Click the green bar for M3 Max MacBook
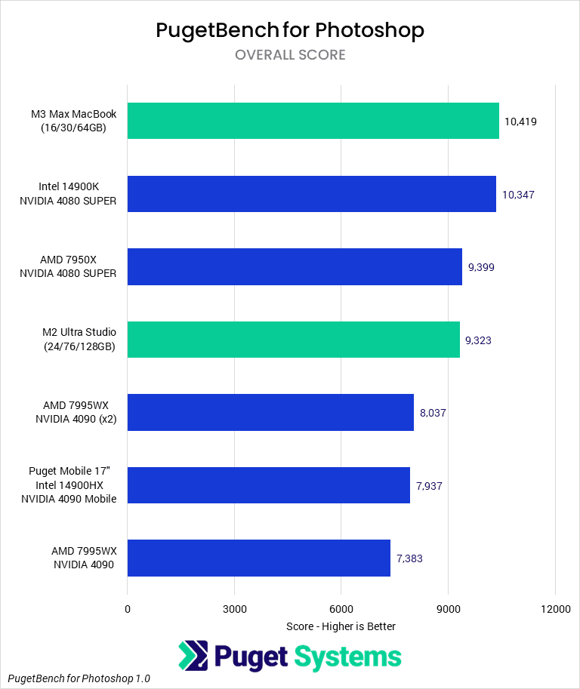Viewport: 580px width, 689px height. (313, 121)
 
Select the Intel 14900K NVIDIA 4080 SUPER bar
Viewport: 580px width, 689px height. (311, 194)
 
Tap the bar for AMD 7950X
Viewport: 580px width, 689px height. (295, 266)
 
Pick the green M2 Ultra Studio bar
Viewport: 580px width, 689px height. (293, 340)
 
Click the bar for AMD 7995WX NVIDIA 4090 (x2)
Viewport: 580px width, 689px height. (270, 412)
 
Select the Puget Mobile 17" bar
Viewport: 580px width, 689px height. (268, 485)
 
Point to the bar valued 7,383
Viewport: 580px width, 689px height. (258, 558)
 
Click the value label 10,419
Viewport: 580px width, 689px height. (520, 121)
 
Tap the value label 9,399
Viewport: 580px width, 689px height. (482, 267)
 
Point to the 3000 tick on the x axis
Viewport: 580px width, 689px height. (234, 609)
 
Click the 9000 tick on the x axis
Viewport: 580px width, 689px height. (448, 609)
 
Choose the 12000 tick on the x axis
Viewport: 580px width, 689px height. (555, 609)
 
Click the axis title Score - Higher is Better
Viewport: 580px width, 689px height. (341, 626)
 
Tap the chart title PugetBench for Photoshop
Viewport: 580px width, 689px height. (290, 30)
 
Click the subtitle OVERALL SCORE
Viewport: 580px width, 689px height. (290, 55)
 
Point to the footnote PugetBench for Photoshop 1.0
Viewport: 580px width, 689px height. (79, 678)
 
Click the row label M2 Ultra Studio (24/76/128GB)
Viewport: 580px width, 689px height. (73, 340)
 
